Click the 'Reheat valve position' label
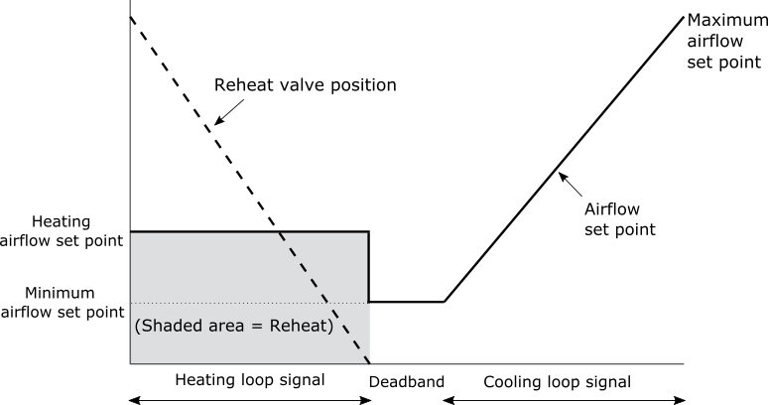click(x=306, y=85)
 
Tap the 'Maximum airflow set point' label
click(x=727, y=41)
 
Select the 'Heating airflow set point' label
click(x=62, y=231)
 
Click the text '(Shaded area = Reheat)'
click(x=234, y=326)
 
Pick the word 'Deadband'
click(x=407, y=382)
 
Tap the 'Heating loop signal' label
click(x=250, y=380)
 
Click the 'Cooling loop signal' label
click(x=558, y=382)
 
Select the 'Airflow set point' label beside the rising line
click(x=619, y=219)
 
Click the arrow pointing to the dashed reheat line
click(x=229, y=112)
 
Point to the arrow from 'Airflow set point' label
click(x=571, y=184)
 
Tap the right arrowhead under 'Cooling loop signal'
click(x=679, y=401)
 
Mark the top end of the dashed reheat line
click(x=130, y=17)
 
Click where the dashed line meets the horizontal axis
click(x=369, y=363)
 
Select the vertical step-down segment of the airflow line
click(x=369, y=266)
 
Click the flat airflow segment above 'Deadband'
click(x=407, y=302)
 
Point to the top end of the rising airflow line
click(x=684, y=17)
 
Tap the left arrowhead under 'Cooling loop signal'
click(x=448, y=401)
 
